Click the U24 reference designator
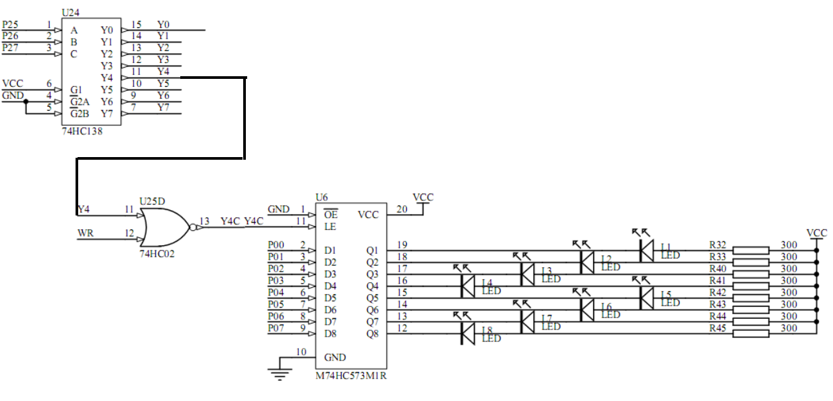coord(68,13)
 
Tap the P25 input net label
coord(11,25)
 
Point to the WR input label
coord(85,233)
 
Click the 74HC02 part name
coord(156,253)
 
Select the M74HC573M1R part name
coord(351,376)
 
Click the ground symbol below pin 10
coord(281,375)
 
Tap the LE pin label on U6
coord(330,226)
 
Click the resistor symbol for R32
coord(750,251)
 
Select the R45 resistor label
coord(718,328)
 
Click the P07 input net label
coord(276,328)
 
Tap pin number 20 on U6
coord(402,209)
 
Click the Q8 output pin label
coord(372,333)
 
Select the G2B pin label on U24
coord(80,113)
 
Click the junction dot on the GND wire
coord(25,102)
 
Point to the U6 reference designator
coord(322,197)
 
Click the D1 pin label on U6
coord(330,251)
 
